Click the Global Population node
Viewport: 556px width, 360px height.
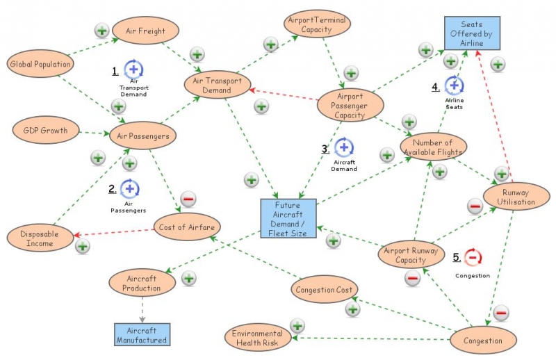[x=40, y=65]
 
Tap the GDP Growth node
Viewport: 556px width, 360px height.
[x=44, y=130]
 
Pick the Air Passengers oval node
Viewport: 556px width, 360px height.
[x=144, y=136]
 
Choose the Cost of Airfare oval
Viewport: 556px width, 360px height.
[x=187, y=227]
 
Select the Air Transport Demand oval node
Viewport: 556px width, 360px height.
[x=217, y=85]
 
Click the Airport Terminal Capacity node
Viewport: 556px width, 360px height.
[x=317, y=25]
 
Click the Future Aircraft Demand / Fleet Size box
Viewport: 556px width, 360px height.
[x=288, y=219]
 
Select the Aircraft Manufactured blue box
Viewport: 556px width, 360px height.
[x=142, y=335]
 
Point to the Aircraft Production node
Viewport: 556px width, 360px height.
[x=142, y=283]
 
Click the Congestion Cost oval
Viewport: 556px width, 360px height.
[x=325, y=290]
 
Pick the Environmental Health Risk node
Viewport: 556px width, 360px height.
[x=258, y=338]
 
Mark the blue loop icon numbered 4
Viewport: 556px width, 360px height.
[x=454, y=86]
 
